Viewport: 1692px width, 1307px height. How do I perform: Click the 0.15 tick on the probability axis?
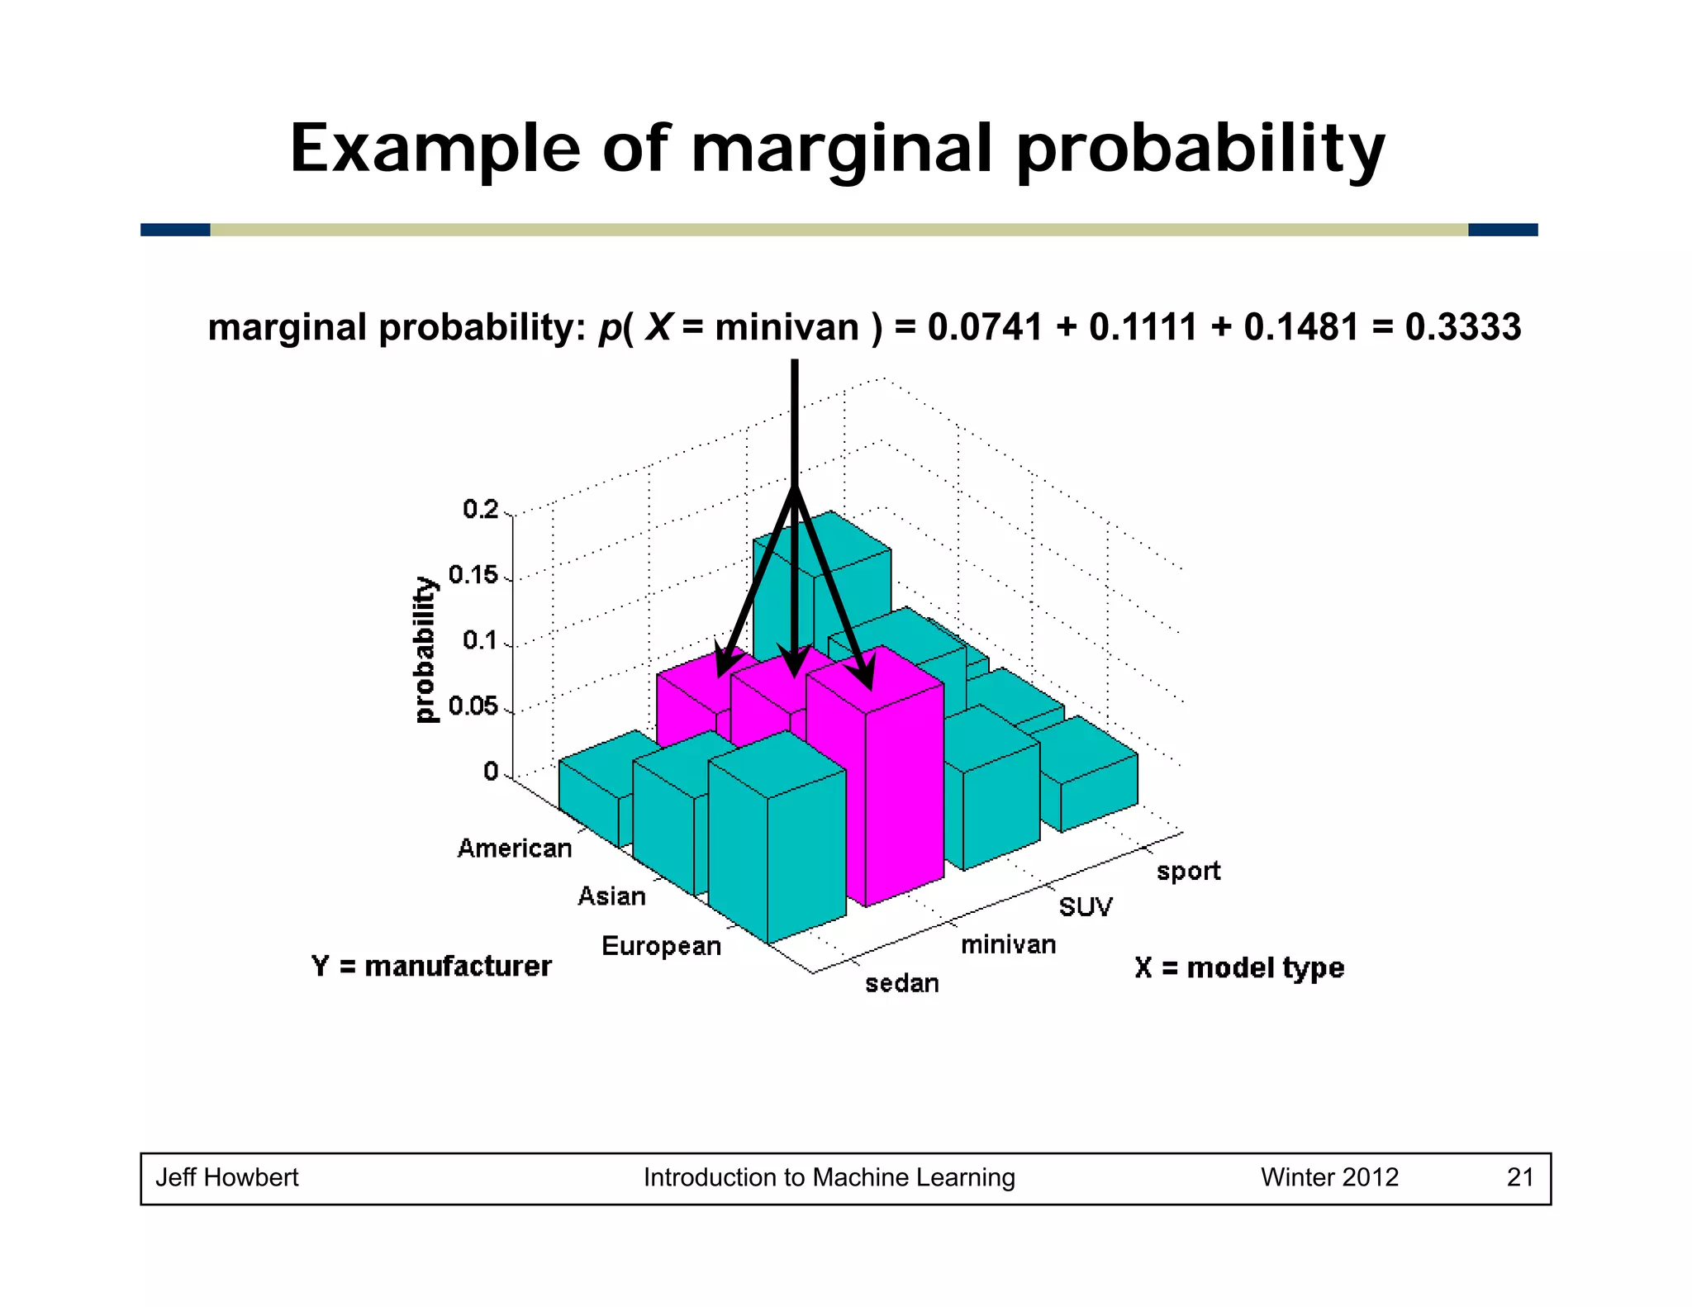[x=473, y=575]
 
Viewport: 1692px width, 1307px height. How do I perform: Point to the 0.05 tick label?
[x=473, y=706]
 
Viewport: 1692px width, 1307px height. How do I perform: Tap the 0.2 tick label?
[x=481, y=509]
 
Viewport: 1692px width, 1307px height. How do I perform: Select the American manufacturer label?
[x=514, y=848]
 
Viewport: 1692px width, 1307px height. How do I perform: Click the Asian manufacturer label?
[x=611, y=896]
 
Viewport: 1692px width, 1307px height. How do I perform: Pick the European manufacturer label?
[x=661, y=946]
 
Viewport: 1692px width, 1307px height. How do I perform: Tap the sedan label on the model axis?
[x=902, y=983]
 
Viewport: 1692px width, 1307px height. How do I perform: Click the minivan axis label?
[x=1008, y=944]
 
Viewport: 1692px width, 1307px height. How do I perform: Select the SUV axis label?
[x=1086, y=907]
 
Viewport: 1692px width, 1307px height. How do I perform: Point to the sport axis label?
[x=1188, y=871]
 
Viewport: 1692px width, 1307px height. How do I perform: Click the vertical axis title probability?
[x=424, y=650]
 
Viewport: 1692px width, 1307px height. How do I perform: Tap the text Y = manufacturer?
[x=431, y=966]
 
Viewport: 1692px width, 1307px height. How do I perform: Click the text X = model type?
[x=1239, y=967]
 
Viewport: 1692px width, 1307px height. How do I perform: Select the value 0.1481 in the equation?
[x=1301, y=327]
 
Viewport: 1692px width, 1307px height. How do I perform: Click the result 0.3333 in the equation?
[x=1462, y=327]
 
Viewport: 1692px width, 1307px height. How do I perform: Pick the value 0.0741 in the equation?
[x=985, y=327]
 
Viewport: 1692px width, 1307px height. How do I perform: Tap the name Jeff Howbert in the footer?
[x=227, y=1177]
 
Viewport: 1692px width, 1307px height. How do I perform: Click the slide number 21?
[x=1520, y=1177]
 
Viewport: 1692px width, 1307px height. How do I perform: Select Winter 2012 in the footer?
[x=1329, y=1177]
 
